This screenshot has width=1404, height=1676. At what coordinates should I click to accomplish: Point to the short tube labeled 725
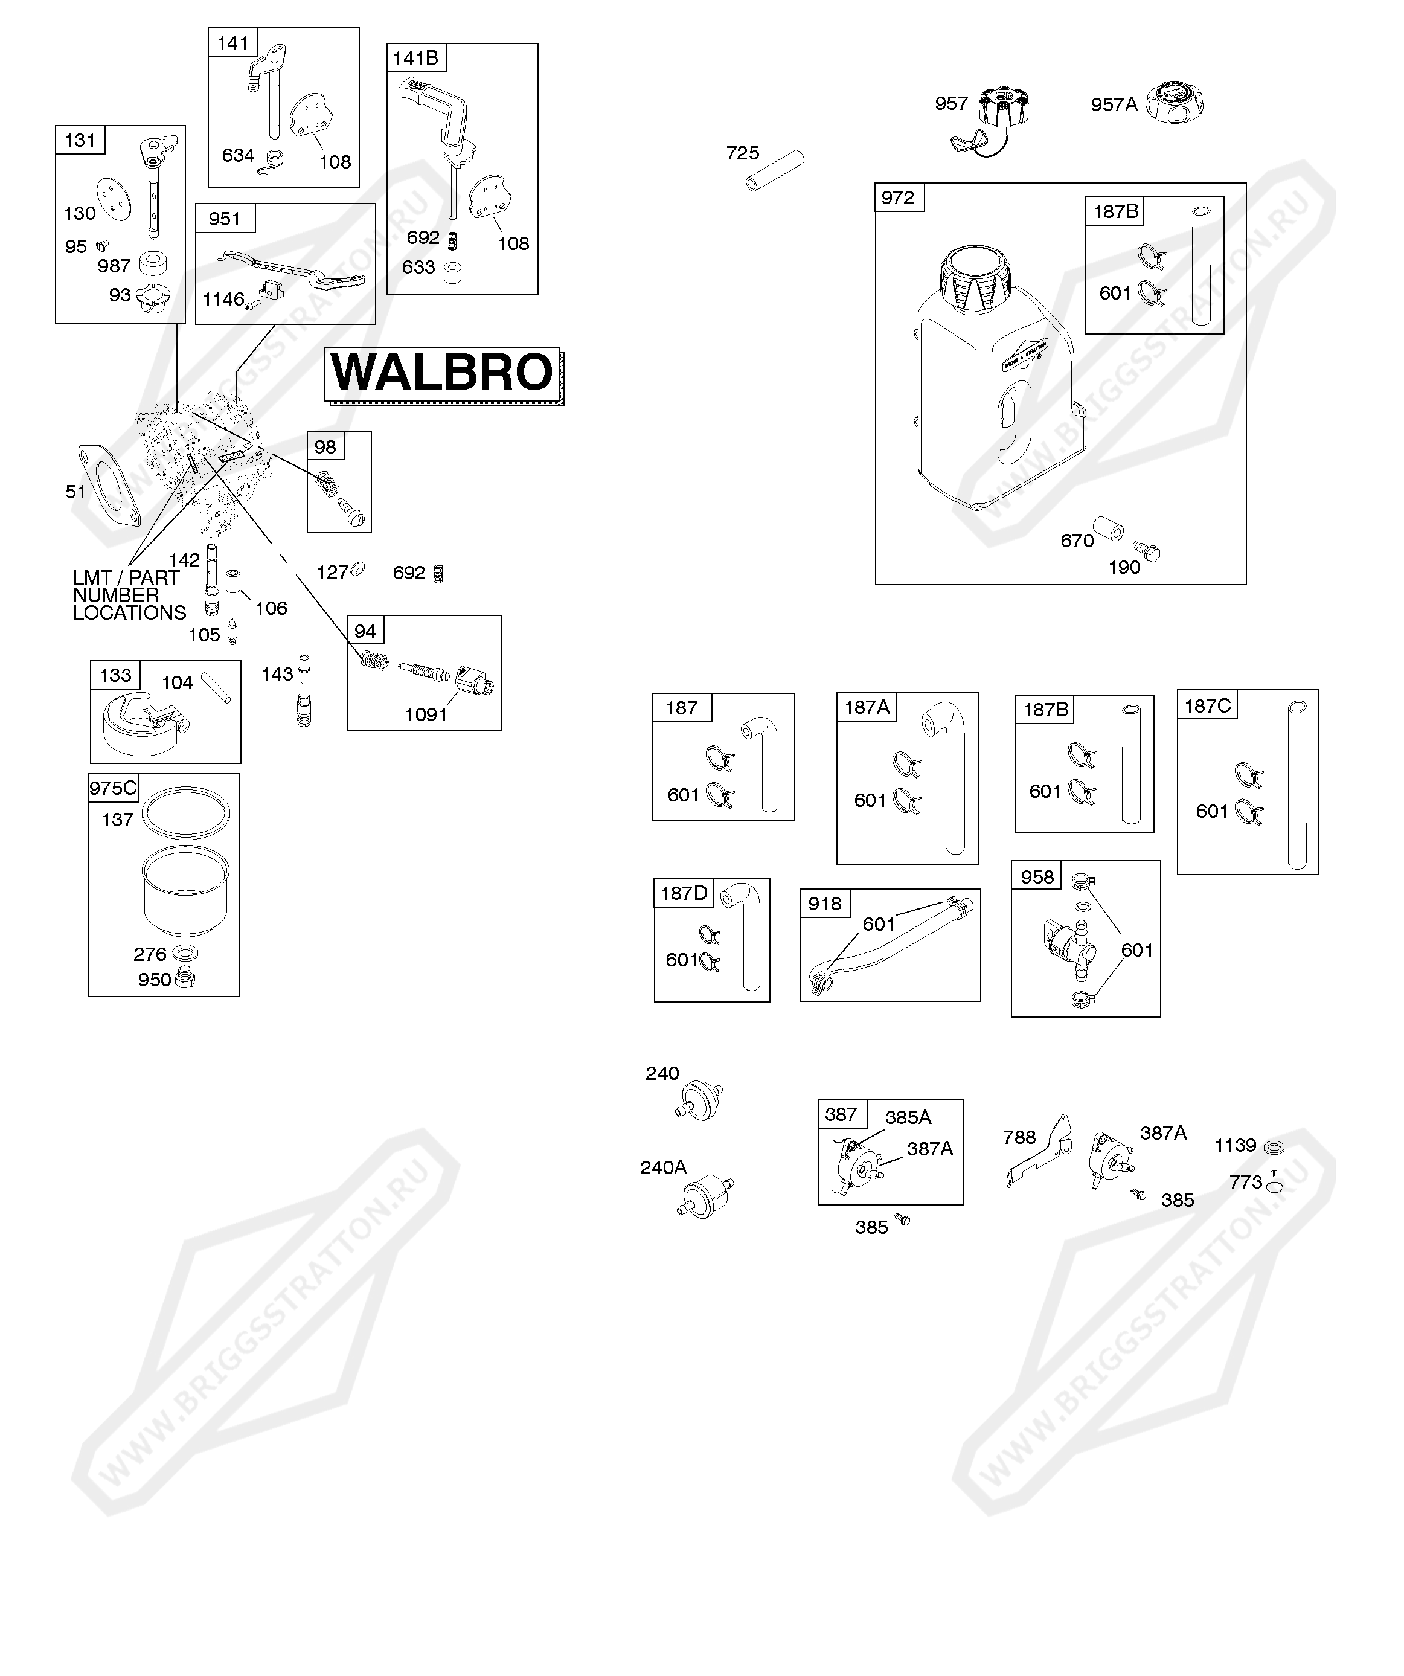coord(775,170)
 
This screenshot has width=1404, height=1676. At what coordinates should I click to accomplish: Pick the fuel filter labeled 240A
coord(705,1197)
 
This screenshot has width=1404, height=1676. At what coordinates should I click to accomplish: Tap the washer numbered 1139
coord(1275,1148)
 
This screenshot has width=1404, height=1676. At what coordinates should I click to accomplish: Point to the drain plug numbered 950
coord(186,978)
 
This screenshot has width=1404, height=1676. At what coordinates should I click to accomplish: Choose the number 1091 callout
coord(426,715)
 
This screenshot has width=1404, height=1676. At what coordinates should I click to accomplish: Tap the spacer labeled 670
coord(1108,529)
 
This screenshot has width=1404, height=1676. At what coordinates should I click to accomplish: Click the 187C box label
coord(1207,706)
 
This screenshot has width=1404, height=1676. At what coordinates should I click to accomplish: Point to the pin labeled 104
coord(216,688)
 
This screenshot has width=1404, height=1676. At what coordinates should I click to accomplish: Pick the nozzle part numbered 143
coord(303,690)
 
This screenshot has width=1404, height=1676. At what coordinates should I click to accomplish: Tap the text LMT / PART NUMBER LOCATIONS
coord(127,596)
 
